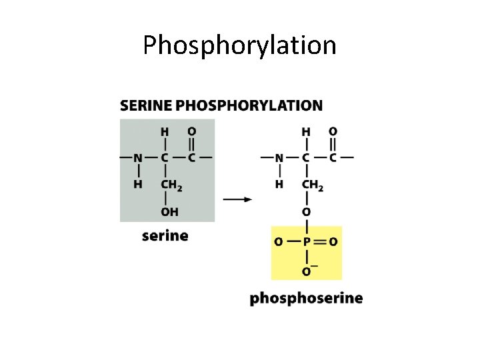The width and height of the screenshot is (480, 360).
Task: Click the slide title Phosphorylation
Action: (x=239, y=45)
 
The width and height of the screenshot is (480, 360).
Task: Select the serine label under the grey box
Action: (x=165, y=235)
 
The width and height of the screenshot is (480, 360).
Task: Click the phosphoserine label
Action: (x=306, y=298)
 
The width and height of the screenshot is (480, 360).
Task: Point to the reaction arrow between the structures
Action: (x=237, y=199)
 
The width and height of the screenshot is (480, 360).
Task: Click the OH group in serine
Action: (x=169, y=212)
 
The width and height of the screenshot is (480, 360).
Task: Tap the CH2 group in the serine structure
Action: (x=171, y=185)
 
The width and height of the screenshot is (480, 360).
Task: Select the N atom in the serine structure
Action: (x=137, y=158)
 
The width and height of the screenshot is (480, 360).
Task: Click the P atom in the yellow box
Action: (x=306, y=241)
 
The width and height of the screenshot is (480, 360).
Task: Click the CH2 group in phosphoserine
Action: (x=312, y=185)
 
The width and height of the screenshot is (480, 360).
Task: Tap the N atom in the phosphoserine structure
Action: (x=279, y=158)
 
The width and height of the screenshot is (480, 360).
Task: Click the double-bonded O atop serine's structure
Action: (x=191, y=131)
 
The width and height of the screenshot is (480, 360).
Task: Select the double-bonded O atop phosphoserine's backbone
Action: (x=333, y=131)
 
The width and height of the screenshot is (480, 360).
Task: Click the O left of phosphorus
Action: (x=278, y=241)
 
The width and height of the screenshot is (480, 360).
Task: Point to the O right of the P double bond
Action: (x=333, y=241)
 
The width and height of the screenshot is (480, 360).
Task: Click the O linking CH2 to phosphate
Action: (x=306, y=212)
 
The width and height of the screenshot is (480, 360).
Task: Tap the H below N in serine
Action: (x=137, y=184)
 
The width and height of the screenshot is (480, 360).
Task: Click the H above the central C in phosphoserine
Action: (x=306, y=131)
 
